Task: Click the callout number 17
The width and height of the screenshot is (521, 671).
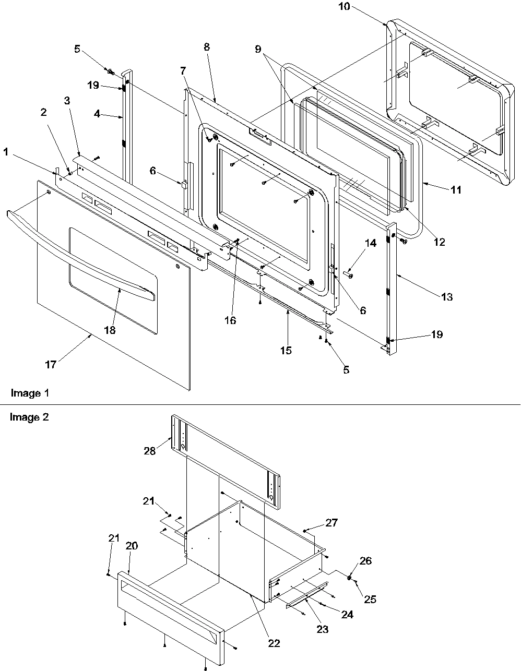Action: [50, 365]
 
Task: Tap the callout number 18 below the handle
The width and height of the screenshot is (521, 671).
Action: [110, 330]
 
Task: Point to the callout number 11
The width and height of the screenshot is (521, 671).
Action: [456, 190]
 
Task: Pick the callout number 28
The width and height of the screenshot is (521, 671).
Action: [150, 451]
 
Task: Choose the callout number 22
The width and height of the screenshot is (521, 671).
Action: [274, 643]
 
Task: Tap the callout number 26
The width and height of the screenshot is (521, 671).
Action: [365, 561]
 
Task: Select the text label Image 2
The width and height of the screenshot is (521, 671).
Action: [30, 417]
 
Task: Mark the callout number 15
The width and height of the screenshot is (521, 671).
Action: [286, 350]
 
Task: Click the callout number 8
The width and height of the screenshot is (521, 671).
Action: [207, 46]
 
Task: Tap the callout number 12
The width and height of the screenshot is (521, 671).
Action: [439, 242]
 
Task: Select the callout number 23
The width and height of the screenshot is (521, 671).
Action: [323, 629]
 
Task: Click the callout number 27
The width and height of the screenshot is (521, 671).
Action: [332, 522]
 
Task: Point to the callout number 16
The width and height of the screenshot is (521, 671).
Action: [230, 320]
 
